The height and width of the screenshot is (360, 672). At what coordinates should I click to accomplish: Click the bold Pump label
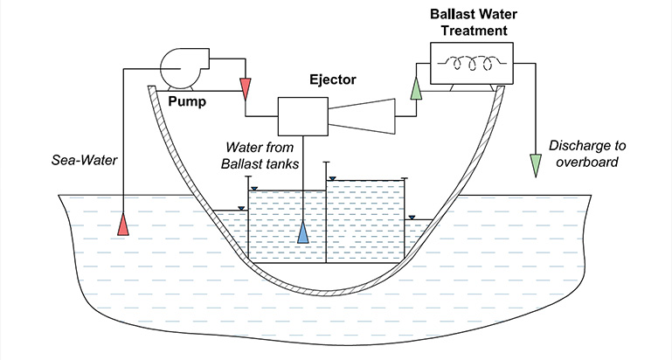(x=188, y=101)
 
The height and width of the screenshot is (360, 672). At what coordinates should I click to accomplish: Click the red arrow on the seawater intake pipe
(x=124, y=225)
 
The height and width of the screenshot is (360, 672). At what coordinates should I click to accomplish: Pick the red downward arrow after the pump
(x=246, y=87)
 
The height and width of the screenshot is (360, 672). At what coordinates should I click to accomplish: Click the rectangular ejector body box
(x=301, y=113)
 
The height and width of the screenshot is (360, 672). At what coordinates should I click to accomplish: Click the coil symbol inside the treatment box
(x=472, y=62)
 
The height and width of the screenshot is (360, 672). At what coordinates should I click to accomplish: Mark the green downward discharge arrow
(x=536, y=165)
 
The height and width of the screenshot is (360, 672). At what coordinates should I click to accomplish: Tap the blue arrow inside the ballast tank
(x=303, y=233)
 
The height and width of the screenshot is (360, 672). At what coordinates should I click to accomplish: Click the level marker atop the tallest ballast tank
(x=332, y=179)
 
